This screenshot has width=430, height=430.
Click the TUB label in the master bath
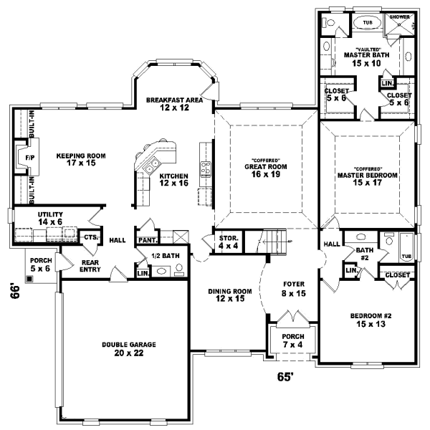[x=367, y=22]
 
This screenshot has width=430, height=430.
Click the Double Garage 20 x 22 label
[x=128, y=348]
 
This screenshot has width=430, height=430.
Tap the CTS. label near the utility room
[x=90, y=236]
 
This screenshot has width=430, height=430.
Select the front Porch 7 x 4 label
[x=292, y=340]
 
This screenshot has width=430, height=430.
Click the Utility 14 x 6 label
[x=51, y=218]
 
